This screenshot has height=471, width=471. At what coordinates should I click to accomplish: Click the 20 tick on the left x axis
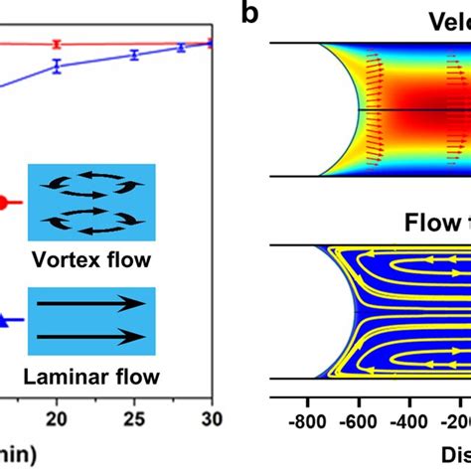click(x=58, y=420)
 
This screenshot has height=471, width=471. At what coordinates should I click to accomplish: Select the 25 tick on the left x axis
click(x=134, y=420)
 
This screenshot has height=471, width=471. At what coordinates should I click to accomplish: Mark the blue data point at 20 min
click(x=58, y=67)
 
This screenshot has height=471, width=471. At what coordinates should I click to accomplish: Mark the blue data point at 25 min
click(x=134, y=55)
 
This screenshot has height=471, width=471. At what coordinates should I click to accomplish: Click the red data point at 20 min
click(x=58, y=44)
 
